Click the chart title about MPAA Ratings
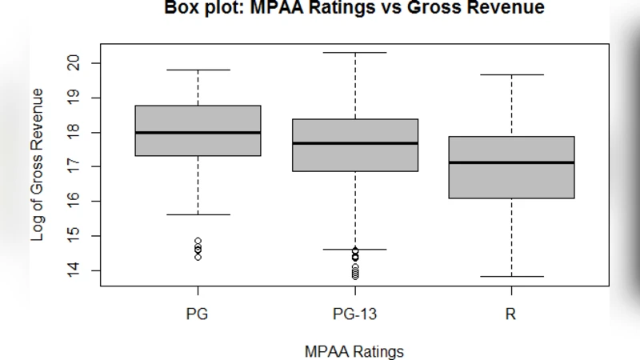pyautogui.click(x=354, y=9)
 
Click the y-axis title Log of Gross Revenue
pyautogui.click(x=37, y=165)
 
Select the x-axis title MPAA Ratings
pyautogui.click(x=354, y=351)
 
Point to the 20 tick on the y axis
pyautogui.click(x=74, y=63)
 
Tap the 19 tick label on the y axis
pyautogui.click(x=74, y=98)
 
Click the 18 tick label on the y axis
pyautogui.click(x=74, y=132)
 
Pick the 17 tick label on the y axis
pyautogui.click(x=74, y=166)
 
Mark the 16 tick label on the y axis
pyautogui.click(x=74, y=201)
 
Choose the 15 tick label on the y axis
pyautogui.click(x=74, y=236)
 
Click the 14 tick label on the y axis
pyautogui.click(x=74, y=270)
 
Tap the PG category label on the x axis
pyautogui.click(x=198, y=314)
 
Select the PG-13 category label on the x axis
pyautogui.click(x=354, y=314)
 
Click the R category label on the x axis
pyautogui.click(x=510, y=314)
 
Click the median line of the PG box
pyautogui.click(x=198, y=133)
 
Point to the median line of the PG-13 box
pyautogui.click(x=354, y=143)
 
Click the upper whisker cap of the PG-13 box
pyautogui.click(x=354, y=53)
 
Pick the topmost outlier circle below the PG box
pyautogui.click(x=198, y=241)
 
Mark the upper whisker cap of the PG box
pyautogui.click(x=198, y=70)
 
